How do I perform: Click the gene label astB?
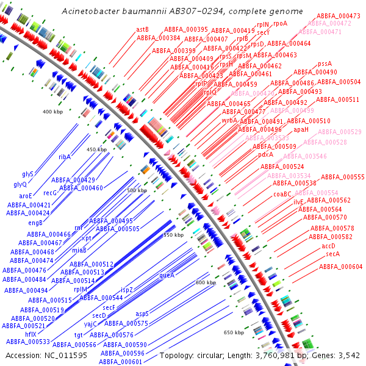143,29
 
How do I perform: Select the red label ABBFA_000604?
341,267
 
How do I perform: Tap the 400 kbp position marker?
53,112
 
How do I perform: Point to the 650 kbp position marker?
234,332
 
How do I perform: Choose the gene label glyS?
27,174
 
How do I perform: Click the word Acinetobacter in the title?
93,12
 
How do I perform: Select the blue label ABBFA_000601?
122,362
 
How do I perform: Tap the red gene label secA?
332,254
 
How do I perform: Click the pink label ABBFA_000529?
340,132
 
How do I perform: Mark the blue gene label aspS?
142,314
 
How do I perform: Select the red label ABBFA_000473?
339,15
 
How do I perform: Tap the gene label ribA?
65,157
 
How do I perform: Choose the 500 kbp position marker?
137,190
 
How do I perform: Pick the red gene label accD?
328,246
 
